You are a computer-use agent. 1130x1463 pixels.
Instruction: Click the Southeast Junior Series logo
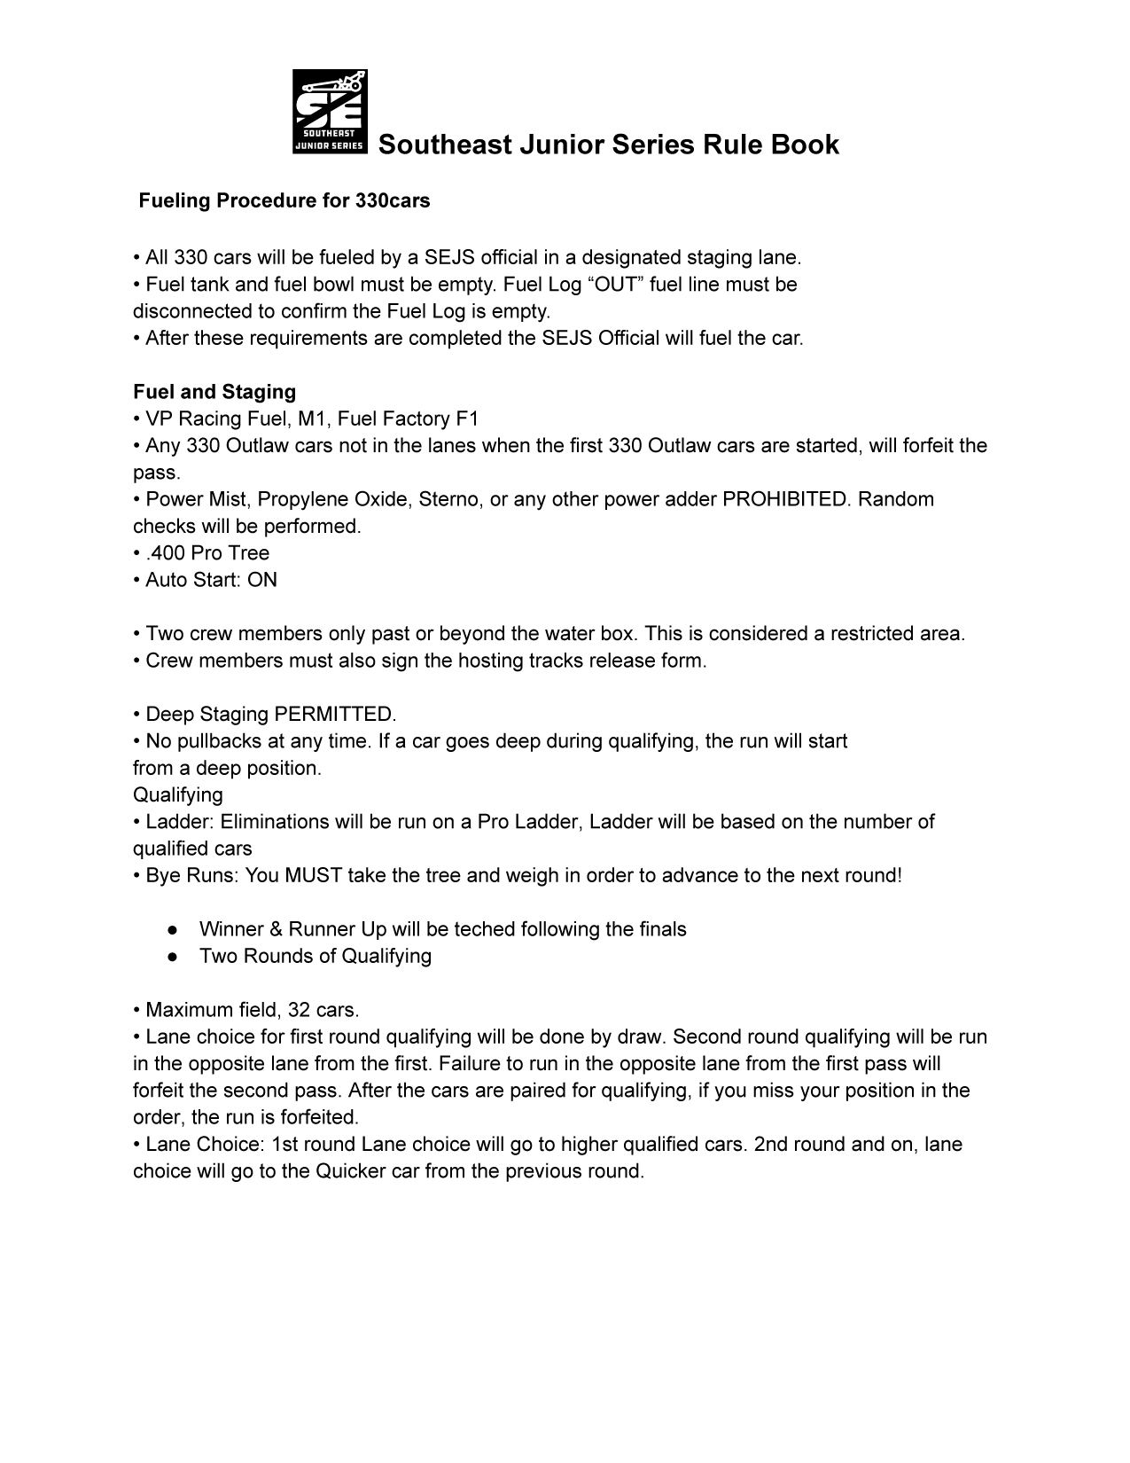tap(329, 112)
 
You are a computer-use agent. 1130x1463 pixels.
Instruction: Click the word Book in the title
tap(805, 145)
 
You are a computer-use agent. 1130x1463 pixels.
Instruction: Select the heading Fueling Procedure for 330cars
tap(284, 201)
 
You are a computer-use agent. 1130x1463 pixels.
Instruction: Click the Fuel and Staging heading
tap(214, 392)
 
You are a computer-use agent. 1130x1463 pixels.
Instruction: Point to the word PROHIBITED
tap(785, 499)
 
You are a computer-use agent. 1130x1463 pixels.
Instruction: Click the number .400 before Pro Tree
tap(166, 553)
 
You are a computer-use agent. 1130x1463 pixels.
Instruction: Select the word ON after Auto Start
tap(262, 580)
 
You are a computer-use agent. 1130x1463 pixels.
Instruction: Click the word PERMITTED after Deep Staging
tap(335, 715)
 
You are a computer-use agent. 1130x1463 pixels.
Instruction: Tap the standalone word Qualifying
tap(178, 794)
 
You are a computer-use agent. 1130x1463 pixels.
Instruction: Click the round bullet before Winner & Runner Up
tap(174, 930)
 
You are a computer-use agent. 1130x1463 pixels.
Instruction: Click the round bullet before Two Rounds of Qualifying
tap(174, 957)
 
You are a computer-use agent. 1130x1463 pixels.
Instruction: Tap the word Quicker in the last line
tap(350, 1171)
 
